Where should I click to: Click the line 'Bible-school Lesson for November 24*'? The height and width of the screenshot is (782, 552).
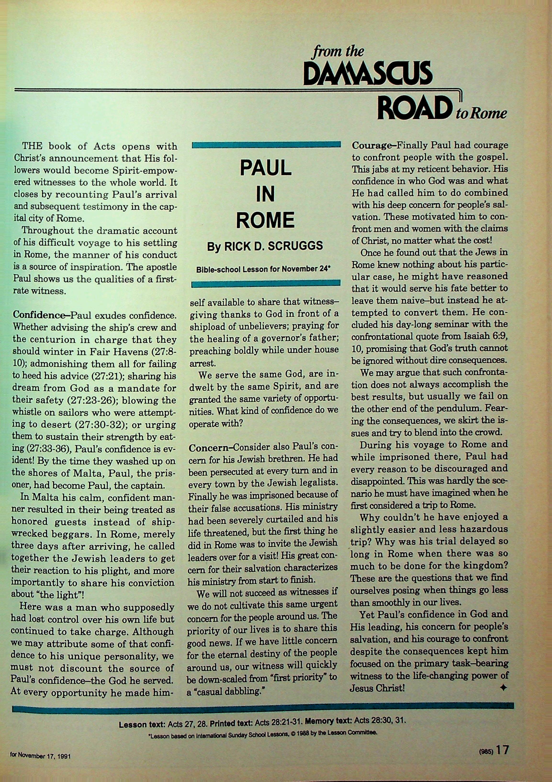pos(263,269)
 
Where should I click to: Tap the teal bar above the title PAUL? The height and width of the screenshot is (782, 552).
pos(266,145)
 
